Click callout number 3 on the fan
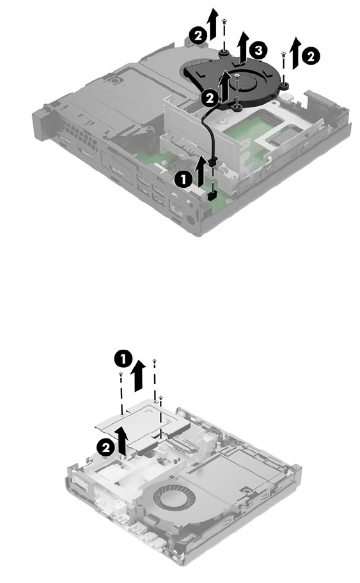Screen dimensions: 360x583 [258, 51]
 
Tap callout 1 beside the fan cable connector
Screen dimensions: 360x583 [184, 180]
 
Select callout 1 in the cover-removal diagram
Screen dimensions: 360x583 [123, 359]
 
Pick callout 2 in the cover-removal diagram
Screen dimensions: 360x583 [106, 447]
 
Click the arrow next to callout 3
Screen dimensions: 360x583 [243, 47]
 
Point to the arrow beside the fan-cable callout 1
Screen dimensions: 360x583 [200, 171]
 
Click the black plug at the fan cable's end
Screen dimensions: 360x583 [213, 162]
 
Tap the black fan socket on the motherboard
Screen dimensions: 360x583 [212, 196]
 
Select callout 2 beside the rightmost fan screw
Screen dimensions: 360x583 [310, 56]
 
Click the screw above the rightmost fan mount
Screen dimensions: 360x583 [283, 55]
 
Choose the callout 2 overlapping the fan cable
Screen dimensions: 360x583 [210, 98]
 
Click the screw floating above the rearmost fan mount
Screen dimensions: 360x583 [224, 22]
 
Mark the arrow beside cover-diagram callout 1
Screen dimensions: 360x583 [138, 375]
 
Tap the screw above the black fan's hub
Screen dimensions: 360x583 [237, 77]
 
